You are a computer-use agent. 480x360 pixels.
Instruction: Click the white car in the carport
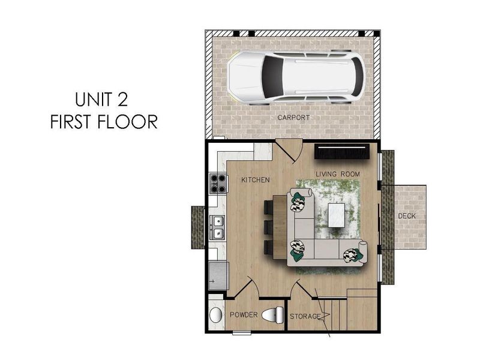[x=295, y=77]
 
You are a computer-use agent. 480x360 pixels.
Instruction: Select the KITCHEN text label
[x=256, y=180]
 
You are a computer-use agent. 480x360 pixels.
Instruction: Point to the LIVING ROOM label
[x=338, y=174]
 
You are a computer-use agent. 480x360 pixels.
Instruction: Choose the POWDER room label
[x=243, y=315]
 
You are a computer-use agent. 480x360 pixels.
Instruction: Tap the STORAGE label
[x=305, y=316]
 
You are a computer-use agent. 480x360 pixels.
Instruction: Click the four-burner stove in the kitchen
[x=218, y=183]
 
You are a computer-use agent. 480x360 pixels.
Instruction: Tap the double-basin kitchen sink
[x=217, y=226]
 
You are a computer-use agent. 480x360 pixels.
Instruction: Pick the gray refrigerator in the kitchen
[x=218, y=275]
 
